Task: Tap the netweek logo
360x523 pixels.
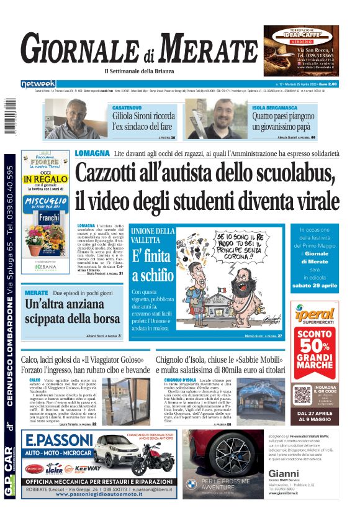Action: coord(38,84)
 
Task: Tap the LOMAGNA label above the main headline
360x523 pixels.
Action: coord(92,153)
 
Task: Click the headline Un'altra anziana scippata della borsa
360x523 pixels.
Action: coord(73,312)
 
